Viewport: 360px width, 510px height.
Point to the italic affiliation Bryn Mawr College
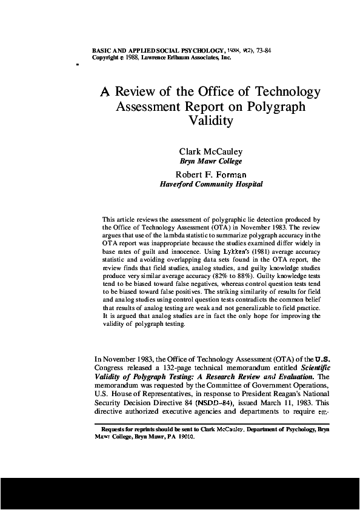(x=211, y=161)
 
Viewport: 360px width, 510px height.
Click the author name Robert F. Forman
(x=210, y=174)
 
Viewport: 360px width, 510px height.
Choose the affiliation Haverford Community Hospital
(x=211, y=184)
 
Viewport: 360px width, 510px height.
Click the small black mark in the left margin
(x=78, y=62)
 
